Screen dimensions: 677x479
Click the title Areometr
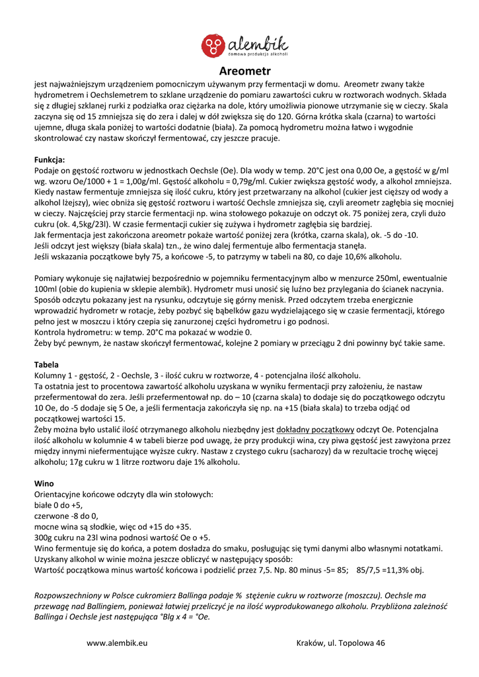(244, 71)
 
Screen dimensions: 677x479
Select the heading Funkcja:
(50, 160)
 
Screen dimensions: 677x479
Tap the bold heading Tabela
(46, 364)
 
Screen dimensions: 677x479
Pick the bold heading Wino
(44, 483)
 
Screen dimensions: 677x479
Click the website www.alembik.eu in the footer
(117, 643)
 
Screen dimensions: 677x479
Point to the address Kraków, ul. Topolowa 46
(341, 643)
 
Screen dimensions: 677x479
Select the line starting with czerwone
(65, 515)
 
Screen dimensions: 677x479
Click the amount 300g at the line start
(44, 538)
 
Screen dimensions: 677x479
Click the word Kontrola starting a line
(51, 332)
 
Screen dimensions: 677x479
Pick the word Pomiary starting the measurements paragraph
(51, 278)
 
